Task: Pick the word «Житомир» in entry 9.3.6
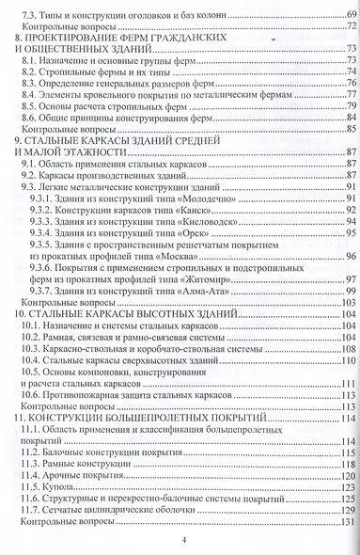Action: (209, 279)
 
